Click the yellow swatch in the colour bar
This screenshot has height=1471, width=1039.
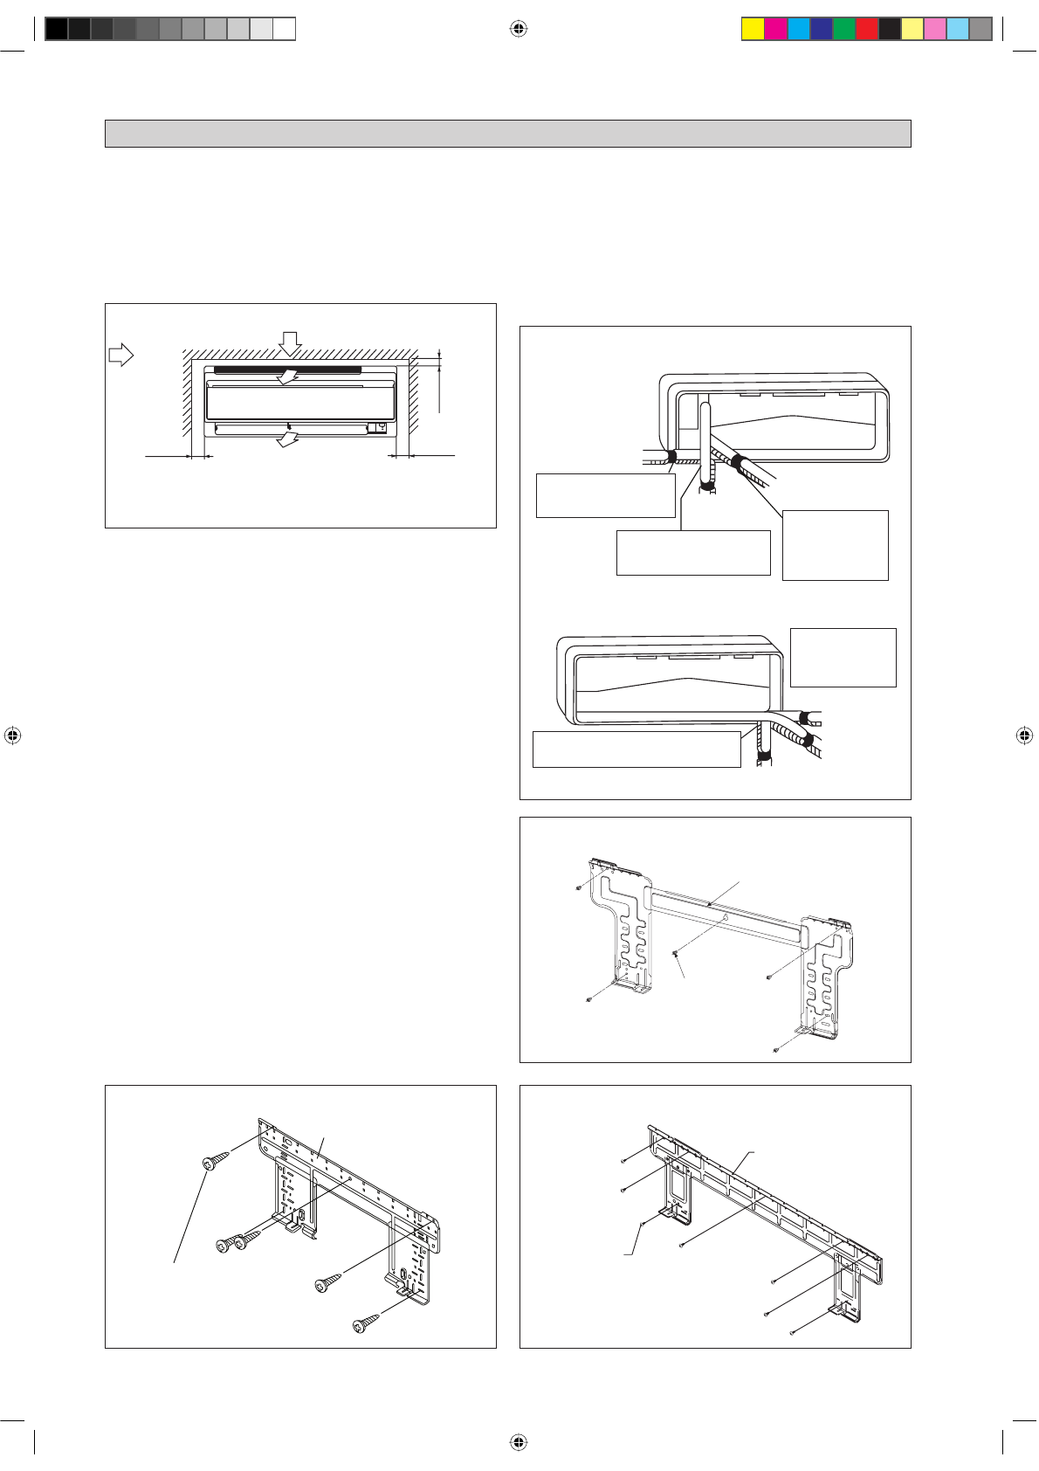click(753, 29)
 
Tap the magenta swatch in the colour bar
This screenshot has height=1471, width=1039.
click(775, 29)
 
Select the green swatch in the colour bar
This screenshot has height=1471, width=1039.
click(844, 29)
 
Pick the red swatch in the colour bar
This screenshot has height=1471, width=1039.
click(867, 29)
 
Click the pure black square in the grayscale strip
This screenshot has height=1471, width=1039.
click(56, 29)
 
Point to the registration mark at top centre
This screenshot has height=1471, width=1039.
click(519, 29)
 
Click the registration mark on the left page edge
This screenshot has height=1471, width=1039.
click(12, 735)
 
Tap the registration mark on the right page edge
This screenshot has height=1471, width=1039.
click(1025, 735)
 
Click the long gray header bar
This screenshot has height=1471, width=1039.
click(507, 134)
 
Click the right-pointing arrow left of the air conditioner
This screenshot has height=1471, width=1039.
click(120, 355)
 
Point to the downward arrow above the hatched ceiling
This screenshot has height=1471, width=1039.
click(291, 342)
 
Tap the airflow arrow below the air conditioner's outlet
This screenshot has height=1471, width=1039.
click(287, 440)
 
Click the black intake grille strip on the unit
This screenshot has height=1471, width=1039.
click(287, 370)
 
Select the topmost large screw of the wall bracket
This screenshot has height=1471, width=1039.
click(215, 1161)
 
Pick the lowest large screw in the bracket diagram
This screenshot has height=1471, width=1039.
click(366, 1324)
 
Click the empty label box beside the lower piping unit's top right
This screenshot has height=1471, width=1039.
click(843, 657)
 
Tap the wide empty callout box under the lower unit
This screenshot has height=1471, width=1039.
click(636, 749)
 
